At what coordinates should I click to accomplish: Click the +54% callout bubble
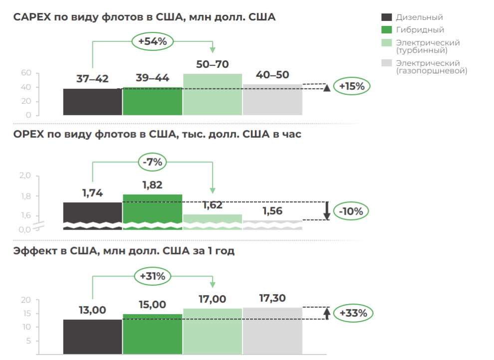pyautogui.click(x=152, y=41)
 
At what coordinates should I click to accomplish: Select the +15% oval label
pyautogui.click(x=352, y=86)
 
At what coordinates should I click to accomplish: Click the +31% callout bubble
pyautogui.click(x=152, y=276)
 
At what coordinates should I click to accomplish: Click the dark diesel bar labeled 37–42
pyautogui.click(x=92, y=102)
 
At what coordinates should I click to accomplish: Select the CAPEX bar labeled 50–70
pyautogui.click(x=213, y=95)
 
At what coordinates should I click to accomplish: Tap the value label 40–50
pyautogui.click(x=272, y=75)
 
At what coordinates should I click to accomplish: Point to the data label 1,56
pyautogui.click(x=272, y=211)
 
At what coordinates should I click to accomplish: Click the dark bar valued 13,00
pyautogui.click(x=92, y=337)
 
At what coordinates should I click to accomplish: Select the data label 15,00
pyautogui.click(x=152, y=305)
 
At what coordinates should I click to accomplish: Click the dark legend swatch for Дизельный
pyautogui.click(x=386, y=17)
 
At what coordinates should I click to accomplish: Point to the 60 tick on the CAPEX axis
pyautogui.click(x=26, y=73)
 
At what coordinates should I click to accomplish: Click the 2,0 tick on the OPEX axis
pyautogui.click(x=25, y=176)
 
